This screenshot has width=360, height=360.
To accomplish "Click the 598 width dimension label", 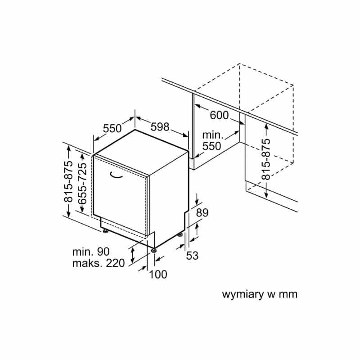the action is [x=160, y=127].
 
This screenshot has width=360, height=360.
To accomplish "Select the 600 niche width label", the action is [x=219, y=115].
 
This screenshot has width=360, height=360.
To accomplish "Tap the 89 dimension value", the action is [x=202, y=213].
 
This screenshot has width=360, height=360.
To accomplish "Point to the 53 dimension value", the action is [x=192, y=256].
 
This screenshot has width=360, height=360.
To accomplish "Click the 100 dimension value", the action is [x=158, y=274].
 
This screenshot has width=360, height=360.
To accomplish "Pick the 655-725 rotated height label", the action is [x=82, y=184].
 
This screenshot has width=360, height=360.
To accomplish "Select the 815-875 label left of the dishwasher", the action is [x=68, y=182].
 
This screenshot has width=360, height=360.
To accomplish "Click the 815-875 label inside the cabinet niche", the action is [x=266, y=159].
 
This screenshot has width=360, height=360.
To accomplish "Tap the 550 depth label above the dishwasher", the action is [x=112, y=128].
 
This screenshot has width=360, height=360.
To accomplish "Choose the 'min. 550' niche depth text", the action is [x=212, y=140].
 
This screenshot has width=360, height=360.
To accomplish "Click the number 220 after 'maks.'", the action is [x=115, y=263].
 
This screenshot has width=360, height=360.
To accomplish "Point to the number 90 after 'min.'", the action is [x=103, y=252].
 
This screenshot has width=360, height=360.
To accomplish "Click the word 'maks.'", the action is [x=87, y=263].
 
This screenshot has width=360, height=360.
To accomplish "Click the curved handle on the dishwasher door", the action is [x=116, y=175].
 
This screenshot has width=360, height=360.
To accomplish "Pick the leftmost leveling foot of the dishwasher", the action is [x=105, y=231].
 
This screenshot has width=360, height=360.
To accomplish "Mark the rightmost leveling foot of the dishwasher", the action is [x=180, y=234].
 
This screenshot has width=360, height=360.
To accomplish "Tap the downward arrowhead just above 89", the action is [x=197, y=202].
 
